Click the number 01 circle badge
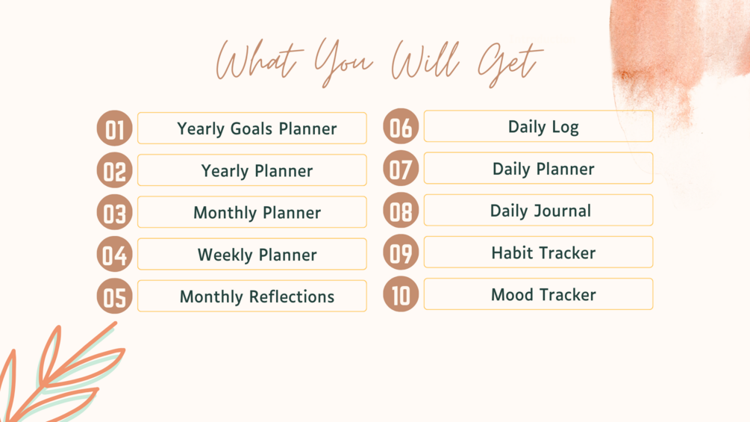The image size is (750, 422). (114, 128)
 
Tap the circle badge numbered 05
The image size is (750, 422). (114, 297)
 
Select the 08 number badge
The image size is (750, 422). (401, 210)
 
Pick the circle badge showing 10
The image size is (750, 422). (401, 294)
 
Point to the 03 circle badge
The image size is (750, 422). (114, 212)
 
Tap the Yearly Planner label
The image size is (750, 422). (257, 171)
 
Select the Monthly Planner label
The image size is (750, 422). (257, 213)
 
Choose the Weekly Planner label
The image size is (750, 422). (257, 255)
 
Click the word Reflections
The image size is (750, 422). (292, 297)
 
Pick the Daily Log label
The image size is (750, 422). (543, 127)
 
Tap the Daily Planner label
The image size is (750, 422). (543, 170)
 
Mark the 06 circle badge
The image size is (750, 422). (401, 126)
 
